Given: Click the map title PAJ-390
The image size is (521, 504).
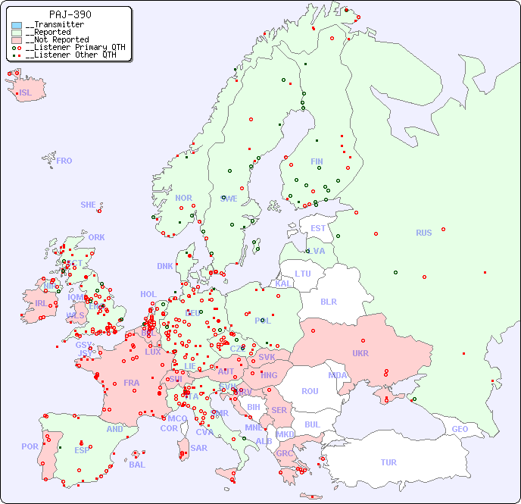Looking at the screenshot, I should [70, 14].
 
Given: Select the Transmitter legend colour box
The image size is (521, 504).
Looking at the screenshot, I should [17, 25].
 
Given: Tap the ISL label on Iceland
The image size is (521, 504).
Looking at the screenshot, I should [26, 93].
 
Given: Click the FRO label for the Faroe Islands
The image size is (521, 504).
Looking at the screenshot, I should [64, 161].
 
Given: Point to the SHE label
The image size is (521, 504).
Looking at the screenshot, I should [89, 205].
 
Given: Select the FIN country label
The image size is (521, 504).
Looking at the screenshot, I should [317, 161].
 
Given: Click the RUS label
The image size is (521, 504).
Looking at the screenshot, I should [423, 233].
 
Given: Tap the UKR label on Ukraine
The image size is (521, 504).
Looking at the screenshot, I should [360, 353].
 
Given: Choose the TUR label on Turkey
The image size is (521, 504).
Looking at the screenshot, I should [388, 462].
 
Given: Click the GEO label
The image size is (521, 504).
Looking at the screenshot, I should [460, 429].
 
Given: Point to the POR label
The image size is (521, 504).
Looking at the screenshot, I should [30, 446].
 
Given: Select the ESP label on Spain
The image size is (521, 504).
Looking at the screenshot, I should [82, 449].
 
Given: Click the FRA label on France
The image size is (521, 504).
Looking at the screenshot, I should [132, 383].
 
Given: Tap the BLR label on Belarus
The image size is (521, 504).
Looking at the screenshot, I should [328, 301].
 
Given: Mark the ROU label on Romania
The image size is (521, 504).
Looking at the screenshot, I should [310, 391].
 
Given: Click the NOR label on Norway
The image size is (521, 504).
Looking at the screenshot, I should [183, 198].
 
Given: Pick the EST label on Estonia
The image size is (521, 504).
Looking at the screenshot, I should [318, 228].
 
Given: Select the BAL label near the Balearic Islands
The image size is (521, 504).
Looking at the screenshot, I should [137, 465].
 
